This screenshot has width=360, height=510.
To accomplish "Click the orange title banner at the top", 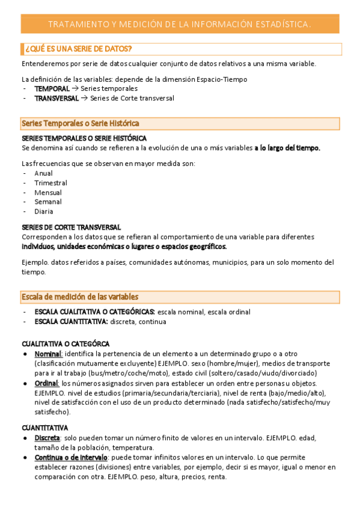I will pyautogui.click(x=180, y=24).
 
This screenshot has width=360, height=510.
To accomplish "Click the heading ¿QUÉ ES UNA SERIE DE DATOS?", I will pyautogui.click(x=77, y=48).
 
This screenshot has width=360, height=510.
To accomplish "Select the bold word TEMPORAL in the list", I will pyautogui.click(x=52, y=88).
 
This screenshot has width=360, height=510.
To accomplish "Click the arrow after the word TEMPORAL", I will pyautogui.click(x=75, y=88).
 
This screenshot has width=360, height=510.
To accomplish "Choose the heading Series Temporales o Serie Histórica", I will pyautogui.click(x=81, y=123).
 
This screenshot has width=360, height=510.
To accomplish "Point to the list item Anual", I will pyautogui.click(x=43, y=173).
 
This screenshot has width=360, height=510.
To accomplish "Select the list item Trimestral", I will pyautogui.click(x=50, y=183).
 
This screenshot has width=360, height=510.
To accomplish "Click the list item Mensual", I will pyautogui.click(x=48, y=192).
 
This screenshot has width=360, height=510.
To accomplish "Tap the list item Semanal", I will pyautogui.click(x=48, y=202).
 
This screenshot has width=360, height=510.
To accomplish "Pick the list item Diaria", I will pyautogui.click(x=44, y=212).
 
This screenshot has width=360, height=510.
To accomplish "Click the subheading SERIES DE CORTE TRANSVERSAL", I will pyautogui.click(x=72, y=227).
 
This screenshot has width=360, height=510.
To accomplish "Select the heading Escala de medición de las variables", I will pyautogui.click(x=80, y=296).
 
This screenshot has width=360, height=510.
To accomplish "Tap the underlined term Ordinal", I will pyautogui.click(x=46, y=384).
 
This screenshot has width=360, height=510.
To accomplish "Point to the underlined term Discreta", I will pyautogui.click(x=47, y=438).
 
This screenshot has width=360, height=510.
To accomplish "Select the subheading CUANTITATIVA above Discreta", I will pyautogui.click(x=44, y=428).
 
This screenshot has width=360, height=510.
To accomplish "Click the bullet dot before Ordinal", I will pyautogui.click(x=25, y=384).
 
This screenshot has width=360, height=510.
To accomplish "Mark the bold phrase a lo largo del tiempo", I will pyautogui.click(x=287, y=148).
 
